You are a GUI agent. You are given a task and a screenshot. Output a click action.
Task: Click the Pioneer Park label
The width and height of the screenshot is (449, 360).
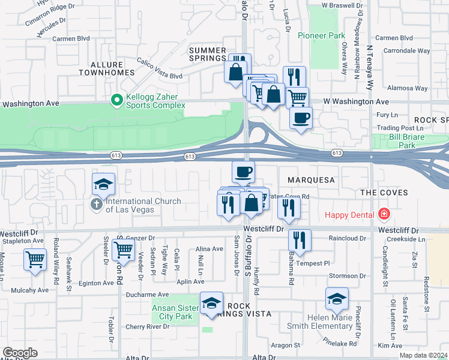coord(321,36)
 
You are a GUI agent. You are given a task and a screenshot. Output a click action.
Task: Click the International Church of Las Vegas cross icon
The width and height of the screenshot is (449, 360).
coord(95,205)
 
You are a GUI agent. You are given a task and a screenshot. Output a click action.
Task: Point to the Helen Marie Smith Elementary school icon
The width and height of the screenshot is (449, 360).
coord(337,298)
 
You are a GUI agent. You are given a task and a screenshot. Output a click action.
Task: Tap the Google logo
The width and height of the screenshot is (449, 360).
coord(20,352)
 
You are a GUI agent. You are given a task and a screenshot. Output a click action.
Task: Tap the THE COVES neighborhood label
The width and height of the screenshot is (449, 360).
coord(384,193)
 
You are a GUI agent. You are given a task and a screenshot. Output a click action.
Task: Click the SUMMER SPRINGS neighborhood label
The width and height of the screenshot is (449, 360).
coord(208,55)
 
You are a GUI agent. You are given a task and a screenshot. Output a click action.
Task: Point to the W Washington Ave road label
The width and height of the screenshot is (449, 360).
coord(356,102)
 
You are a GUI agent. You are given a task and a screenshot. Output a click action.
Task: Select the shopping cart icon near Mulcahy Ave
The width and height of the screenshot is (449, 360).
coord(35,260)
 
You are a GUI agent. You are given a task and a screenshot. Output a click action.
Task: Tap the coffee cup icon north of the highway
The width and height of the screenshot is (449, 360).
coord(301,117)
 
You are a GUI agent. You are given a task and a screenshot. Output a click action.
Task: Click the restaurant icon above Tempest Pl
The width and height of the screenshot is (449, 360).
coord(300,240)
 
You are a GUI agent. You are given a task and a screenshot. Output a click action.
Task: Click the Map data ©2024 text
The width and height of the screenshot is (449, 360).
coord(423,355)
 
